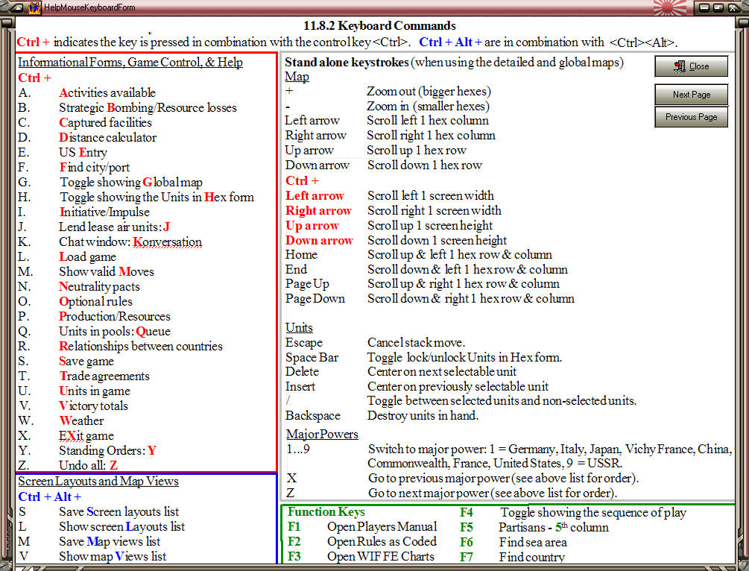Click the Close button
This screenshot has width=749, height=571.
pyautogui.click(x=691, y=66)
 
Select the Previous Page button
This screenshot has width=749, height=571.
pyautogui.click(x=691, y=117)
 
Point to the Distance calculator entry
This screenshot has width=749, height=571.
pyautogui.click(x=107, y=137)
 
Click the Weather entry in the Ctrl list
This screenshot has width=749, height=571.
pyautogui.click(x=81, y=420)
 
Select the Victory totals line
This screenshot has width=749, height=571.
pyautogui.click(x=93, y=406)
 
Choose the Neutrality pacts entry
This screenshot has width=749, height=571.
pyautogui.click(x=99, y=286)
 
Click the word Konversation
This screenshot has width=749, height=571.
pyautogui.click(x=167, y=242)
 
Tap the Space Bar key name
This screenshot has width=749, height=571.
pyautogui.click(x=312, y=357)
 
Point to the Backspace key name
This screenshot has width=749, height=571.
pyautogui.click(x=312, y=415)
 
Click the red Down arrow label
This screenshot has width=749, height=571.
pyautogui.click(x=319, y=240)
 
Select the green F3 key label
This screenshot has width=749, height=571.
pyautogui.click(x=294, y=556)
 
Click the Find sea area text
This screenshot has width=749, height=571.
pyautogui.click(x=533, y=542)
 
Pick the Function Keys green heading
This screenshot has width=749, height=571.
pyautogui.click(x=326, y=512)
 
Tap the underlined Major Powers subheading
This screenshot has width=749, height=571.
pyautogui.click(x=321, y=434)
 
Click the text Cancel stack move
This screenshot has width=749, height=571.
pyautogui.click(x=416, y=342)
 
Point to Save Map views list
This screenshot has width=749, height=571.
pyautogui.click(x=110, y=541)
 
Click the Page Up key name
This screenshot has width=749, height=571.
pyautogui.click(x=306, y=283)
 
